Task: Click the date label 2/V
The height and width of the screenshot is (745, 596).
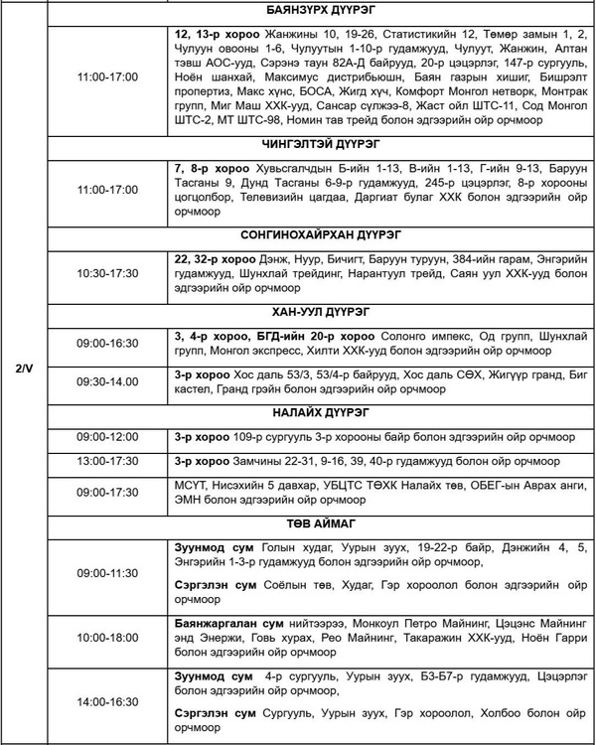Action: [x=26, y=370]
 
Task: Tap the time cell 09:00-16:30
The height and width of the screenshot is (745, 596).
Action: [x=108, y=343]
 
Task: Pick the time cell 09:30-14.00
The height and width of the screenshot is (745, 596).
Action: [x=108, y=381]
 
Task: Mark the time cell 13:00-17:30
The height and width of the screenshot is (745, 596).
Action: [x=108, y=462]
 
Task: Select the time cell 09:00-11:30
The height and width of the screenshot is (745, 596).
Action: [x=108, y=573]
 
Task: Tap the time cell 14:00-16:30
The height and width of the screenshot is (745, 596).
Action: [x=108, y=701]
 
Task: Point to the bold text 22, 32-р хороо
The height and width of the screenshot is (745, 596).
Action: [x=214, y=259]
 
